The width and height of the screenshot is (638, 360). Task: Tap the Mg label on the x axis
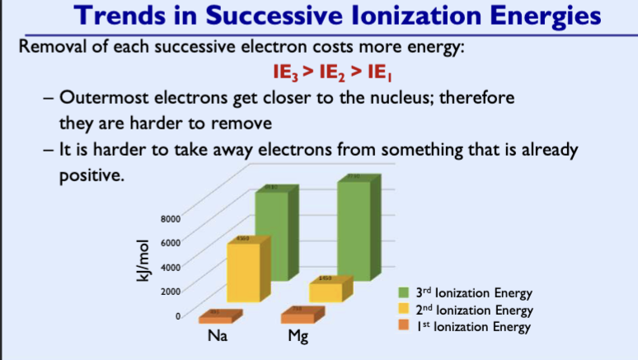point(297,337)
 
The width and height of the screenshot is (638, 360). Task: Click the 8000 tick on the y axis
point(170,218)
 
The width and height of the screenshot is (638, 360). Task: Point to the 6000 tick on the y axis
point(170,242)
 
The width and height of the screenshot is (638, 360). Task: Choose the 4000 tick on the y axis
point(170,266)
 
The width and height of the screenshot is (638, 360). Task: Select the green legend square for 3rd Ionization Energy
point(404,292)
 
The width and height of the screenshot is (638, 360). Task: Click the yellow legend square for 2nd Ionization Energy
point(404,310)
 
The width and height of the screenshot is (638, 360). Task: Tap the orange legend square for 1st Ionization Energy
point(404,326)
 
